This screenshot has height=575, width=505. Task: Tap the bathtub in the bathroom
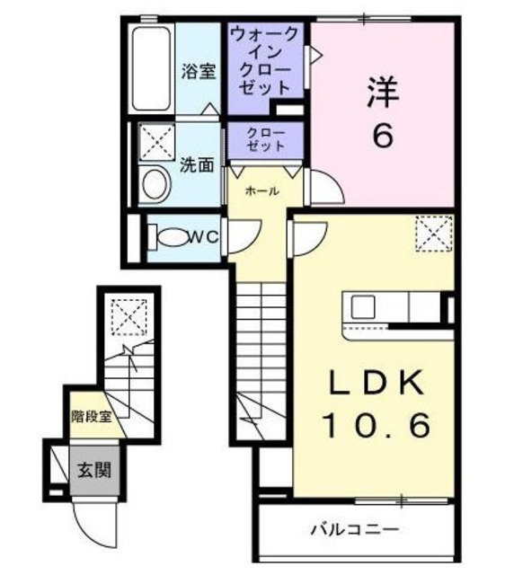click(150, 69)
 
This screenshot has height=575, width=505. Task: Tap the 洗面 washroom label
click(197, 165)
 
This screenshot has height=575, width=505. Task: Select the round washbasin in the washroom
click(155, 185)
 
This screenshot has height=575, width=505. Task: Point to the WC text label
click(206, 236)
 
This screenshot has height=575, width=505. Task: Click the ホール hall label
click(261, 191)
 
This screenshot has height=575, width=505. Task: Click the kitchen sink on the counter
click(364, 306)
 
